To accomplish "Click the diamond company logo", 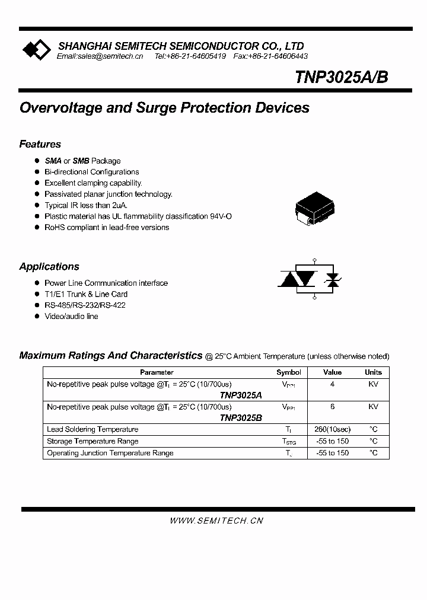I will [36, 50].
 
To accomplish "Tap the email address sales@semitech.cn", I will [100, 56].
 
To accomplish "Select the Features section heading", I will [40, 144].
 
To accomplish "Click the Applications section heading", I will [49, 267].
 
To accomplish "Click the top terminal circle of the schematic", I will [314, 261].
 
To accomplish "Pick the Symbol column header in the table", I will [289, 372].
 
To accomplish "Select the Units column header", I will [373, 372].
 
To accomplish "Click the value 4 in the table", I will [332, 384].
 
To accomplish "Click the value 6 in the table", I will [332, 407].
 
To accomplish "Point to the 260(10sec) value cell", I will [332, 429].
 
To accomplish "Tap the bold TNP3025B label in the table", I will [240, 417].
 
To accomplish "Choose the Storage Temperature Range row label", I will [93, 441].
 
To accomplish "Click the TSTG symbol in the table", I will [289, 442].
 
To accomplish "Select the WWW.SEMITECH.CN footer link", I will [216, 521].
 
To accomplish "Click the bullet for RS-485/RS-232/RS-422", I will [37, 305].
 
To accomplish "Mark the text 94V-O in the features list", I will [221, 216].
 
